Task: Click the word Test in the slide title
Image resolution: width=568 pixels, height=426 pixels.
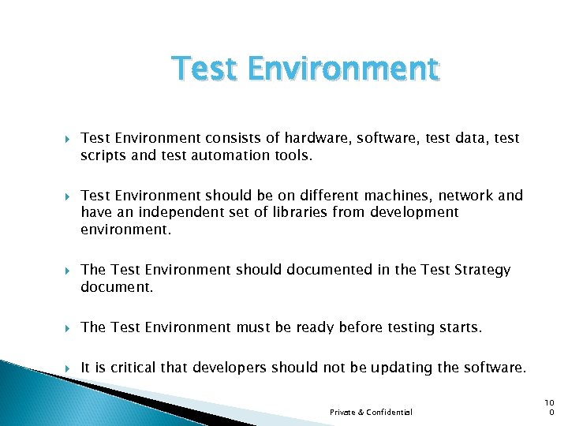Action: [x=205, y=69]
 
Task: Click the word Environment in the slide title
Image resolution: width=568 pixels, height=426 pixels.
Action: [x=342, y=69]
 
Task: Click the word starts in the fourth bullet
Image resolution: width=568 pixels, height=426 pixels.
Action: [x=459, y=327]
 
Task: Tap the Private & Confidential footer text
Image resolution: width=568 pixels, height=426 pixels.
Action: [x=371, y=412]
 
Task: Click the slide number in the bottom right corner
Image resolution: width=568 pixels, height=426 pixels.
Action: [x=551, y=407]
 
